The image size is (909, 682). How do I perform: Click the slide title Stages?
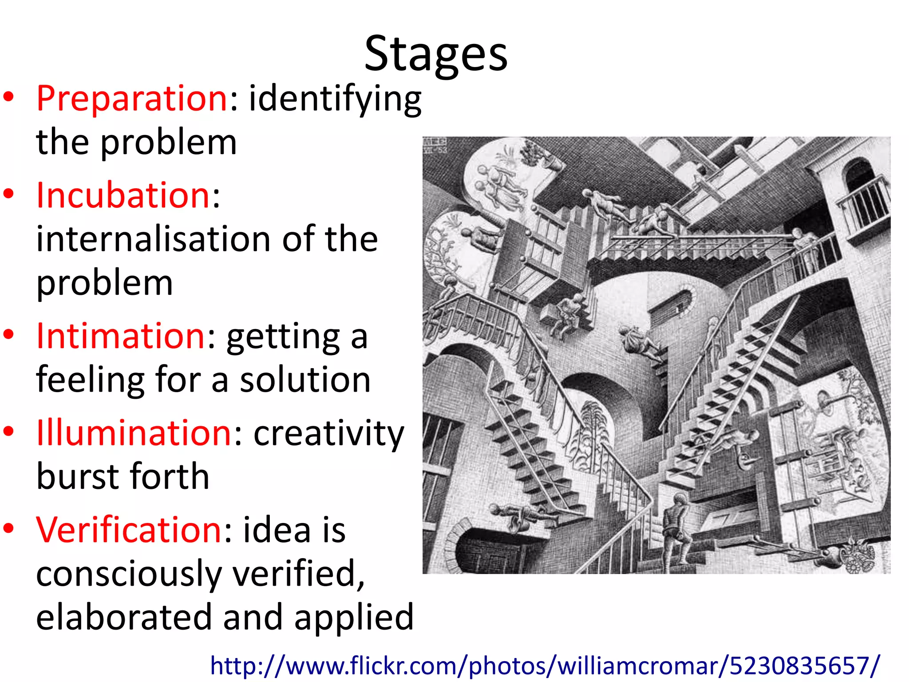tap(436, 55)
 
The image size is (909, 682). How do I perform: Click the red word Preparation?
tap(132, 98)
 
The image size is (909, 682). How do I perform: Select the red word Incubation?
tap(123, 195)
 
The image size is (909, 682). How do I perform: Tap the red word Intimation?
tap(121, 336)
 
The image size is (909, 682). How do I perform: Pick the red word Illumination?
tap(134, 433)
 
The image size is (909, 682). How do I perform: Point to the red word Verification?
tap(129, 530)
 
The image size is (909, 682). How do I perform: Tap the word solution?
tap(305, 380)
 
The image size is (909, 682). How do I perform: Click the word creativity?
tap(329, 434)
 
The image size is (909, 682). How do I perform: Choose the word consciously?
tap(129, 574)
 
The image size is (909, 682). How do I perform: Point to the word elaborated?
tap(124, 617)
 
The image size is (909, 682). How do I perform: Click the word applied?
tap(354, 618)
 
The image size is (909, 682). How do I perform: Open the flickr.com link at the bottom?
tap(545, 666)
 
